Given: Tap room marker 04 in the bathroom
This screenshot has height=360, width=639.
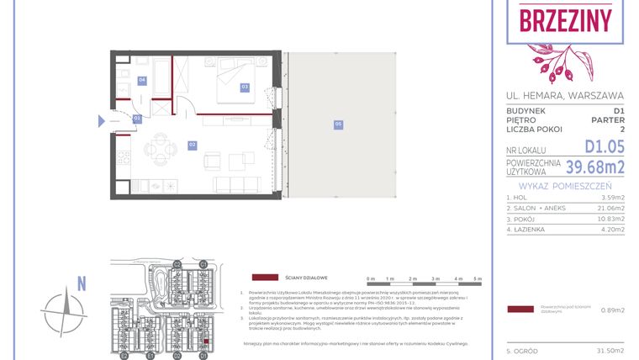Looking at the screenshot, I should (142, 81).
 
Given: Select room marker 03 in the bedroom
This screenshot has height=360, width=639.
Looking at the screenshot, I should (245, 87).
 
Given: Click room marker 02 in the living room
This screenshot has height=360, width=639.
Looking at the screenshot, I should (192, 146).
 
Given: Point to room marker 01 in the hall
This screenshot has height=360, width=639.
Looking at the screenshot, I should (136, 119).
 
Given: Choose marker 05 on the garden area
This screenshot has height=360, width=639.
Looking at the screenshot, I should (338, 124).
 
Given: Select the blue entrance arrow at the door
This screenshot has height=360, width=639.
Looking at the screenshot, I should (102, 121).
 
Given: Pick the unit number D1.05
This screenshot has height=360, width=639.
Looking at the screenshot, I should (605, 148).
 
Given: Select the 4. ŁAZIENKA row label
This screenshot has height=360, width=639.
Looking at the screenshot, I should (528, 228).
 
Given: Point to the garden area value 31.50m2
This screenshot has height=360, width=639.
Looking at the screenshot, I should (610, 350).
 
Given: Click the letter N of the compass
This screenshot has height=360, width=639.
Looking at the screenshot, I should (82, 284).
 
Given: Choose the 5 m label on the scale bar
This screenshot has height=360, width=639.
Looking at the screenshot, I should (478, 278).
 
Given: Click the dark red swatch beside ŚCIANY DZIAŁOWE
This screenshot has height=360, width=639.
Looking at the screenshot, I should (266, 277).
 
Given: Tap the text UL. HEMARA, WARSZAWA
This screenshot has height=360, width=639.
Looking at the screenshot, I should (565, 95).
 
